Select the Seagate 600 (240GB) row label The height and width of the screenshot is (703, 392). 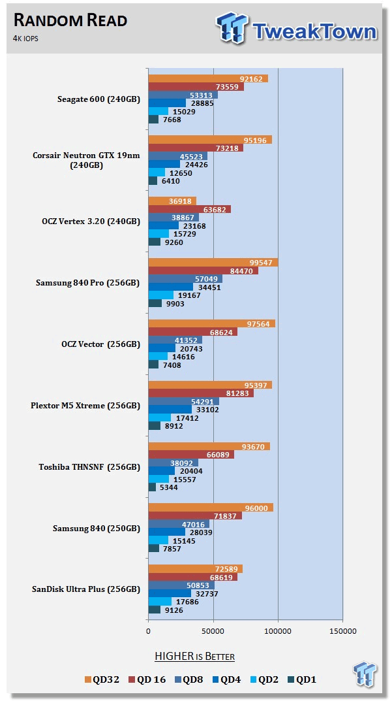click(x=98, y=99)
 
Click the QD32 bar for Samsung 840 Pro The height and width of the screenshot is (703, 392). click(x=213, y=262)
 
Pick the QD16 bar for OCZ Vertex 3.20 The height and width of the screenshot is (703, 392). click(x=189, y=209)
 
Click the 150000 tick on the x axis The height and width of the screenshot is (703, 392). click(x=342, y=631)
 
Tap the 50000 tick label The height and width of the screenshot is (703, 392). click(x=213, y=631)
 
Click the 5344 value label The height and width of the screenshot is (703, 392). click(x=171, y=487)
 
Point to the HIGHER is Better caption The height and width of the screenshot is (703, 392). click(x=194, y=656)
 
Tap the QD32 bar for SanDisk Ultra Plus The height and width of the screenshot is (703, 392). click(x=195, y=569)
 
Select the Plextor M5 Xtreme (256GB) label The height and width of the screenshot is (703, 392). click(x=85, y=406)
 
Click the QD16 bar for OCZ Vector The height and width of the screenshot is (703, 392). click(x=192, y=332)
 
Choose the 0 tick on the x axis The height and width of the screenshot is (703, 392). click(x=148, y=631)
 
